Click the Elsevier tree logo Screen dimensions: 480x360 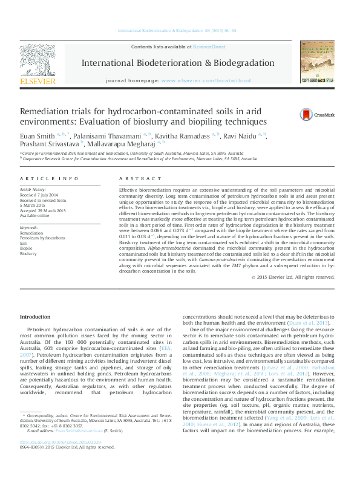coord(38,60)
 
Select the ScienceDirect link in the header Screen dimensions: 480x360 coord(209,47)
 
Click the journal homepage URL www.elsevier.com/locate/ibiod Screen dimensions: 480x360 coord(206,80)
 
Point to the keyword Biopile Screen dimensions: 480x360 coord(27,248)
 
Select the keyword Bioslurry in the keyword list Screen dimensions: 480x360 coord(28,254)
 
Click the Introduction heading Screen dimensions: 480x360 coord(35,317)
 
